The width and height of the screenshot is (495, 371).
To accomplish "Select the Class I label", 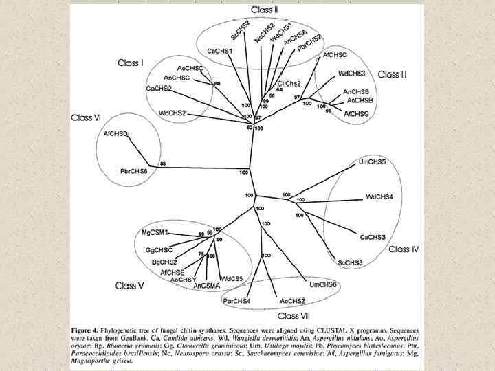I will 131,63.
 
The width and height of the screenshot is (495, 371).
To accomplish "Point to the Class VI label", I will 86,118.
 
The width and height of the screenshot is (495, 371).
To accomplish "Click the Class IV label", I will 403,249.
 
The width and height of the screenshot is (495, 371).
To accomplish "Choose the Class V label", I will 129,285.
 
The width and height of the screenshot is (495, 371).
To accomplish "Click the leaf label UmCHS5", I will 372,161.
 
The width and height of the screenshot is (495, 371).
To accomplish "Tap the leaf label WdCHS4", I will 379,197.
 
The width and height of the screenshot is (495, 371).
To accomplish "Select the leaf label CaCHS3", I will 373,237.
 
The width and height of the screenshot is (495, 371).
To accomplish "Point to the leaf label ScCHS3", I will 350,262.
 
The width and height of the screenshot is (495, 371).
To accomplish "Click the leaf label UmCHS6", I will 323,284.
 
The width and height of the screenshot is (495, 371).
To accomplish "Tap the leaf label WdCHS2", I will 173,113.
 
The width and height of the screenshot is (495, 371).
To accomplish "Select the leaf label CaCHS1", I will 219,51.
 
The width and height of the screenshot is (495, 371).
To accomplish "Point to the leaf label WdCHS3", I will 351,73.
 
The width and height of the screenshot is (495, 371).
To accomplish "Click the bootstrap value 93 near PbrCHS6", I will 163,164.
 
